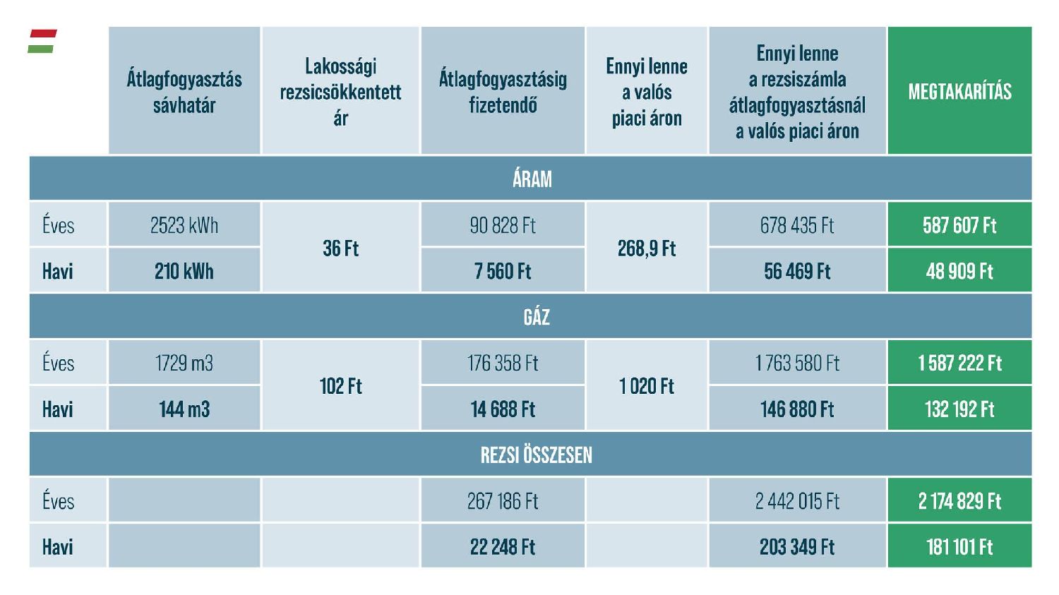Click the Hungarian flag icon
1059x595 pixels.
click(42, 41)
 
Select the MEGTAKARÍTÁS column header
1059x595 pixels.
click(959, 91)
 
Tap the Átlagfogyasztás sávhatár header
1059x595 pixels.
click(184, 91)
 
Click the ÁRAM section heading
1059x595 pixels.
click(532, 179)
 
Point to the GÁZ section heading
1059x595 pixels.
click(536, 317)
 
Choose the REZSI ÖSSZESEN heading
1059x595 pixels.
click(536, 455)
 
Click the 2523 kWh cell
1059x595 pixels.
click(184, 225)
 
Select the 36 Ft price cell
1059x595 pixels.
click(340, 248)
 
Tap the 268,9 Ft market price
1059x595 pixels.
click(646, 248)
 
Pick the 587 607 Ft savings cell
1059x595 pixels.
click(959, 225)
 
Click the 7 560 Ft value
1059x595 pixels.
click(503, 271)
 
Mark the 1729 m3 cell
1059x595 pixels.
click(184, 363)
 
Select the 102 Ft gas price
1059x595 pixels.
click(340, 386)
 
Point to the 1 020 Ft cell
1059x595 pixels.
click(646, 386)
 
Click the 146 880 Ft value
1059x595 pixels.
click(797, 409)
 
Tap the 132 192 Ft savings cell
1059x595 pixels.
click(959, 409)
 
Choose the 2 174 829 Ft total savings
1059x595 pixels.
click(959, 501)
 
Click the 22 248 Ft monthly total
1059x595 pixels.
click(503, 547)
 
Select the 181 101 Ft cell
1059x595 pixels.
click(959, 547)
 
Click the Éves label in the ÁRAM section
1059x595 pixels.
click(58, 225)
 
